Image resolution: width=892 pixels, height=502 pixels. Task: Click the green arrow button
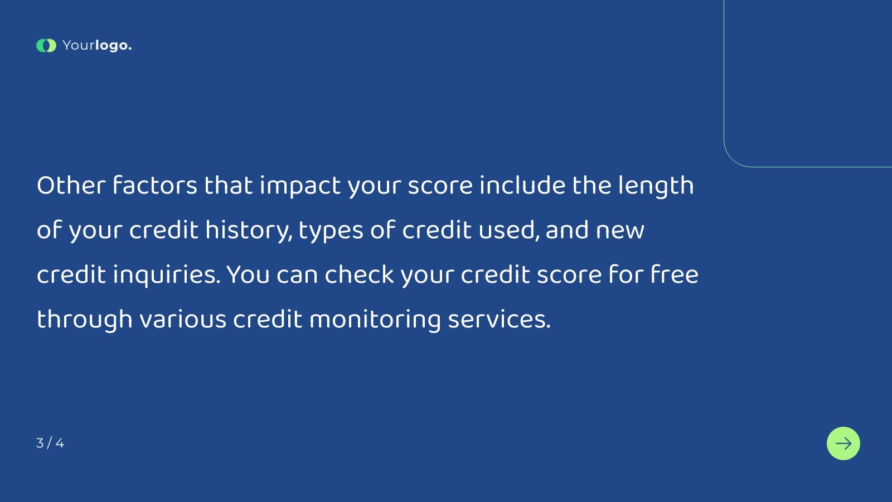(x=843, y=443)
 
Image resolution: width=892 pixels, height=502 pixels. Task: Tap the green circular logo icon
(x=46, y=46)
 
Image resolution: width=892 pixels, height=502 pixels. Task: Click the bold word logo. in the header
(x=113, y=46)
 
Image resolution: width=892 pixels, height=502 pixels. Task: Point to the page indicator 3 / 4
(x=50, y=443)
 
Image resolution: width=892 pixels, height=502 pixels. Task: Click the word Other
(x=71, y=186)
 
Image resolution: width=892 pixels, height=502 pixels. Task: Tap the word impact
(x=300, y=186)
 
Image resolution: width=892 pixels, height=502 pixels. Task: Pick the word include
(x=522, y=186)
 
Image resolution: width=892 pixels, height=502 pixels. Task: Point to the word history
(x=249, y=230)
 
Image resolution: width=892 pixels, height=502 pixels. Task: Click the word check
(x=359, y=275)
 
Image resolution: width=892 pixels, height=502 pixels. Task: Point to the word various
(x=183, y=320)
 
